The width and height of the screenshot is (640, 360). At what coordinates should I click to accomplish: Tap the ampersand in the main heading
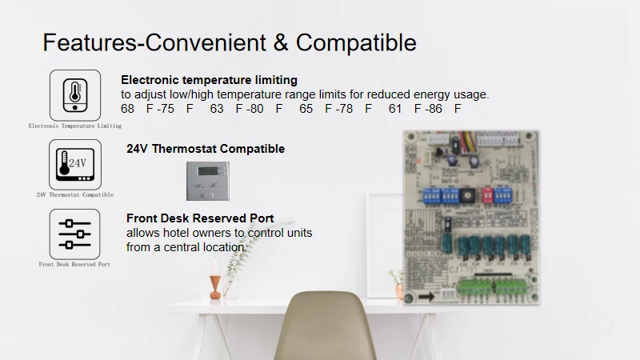[x=281, y=42]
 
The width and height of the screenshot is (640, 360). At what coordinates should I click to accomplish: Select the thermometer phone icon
[x=75, y=95]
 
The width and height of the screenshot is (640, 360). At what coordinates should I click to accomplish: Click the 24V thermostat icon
[x=75, y=165]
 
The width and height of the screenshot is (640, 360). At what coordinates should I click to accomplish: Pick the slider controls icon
[x=75, y=234]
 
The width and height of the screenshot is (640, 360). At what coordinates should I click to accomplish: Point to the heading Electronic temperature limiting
[x=209, y=80]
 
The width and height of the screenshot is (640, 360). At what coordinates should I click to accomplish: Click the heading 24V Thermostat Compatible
[x=206, y=149]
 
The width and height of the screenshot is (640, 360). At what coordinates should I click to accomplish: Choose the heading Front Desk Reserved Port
[x=200, y=218]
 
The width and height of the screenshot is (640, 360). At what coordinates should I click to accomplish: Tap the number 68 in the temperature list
[x=128, y=109]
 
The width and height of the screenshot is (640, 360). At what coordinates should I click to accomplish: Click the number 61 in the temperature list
[x=395, y=109]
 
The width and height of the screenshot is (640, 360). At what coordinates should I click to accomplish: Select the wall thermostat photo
[x=207, y=181]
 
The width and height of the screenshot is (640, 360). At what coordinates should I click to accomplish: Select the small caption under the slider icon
[x=74, y=264]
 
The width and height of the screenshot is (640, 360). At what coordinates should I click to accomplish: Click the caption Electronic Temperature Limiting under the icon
[x=75, y=126]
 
